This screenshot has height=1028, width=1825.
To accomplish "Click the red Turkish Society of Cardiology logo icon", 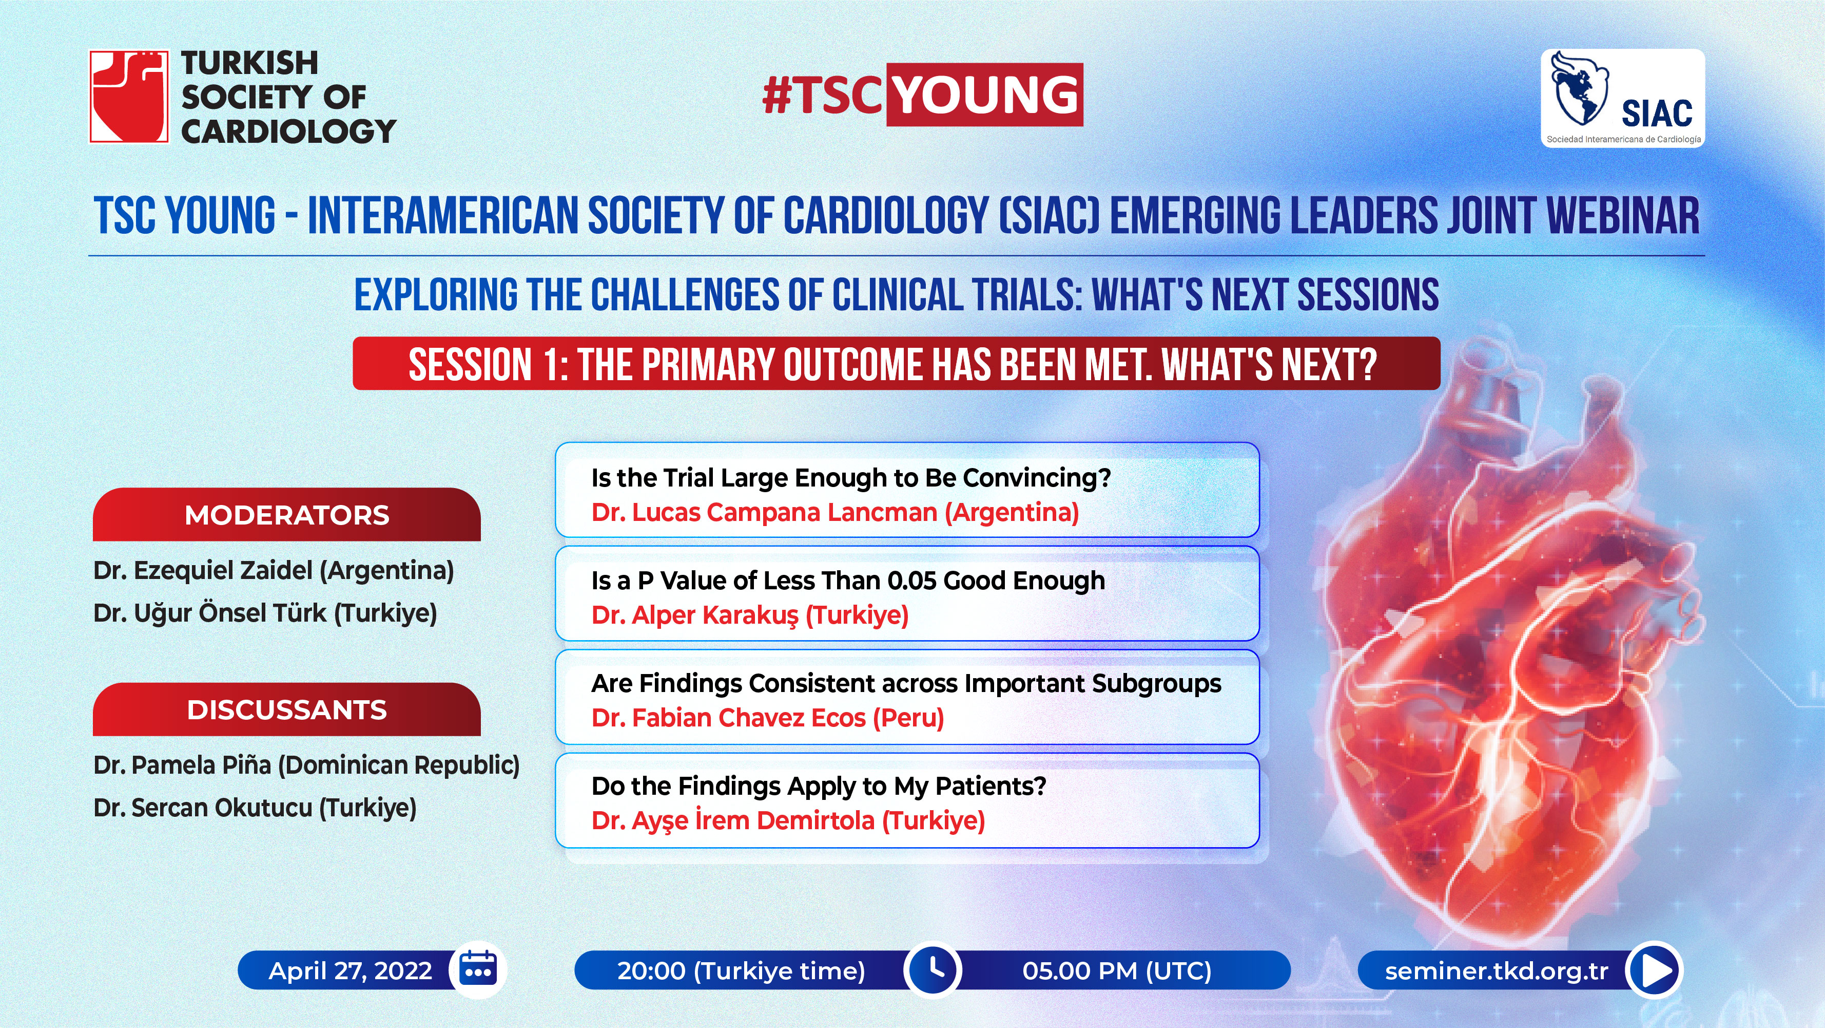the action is click(129, 97).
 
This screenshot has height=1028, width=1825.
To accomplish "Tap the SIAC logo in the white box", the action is click(1622, 98).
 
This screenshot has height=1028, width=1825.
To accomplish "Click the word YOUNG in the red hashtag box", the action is click(985, 95).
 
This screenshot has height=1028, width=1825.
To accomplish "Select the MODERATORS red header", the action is click(287, 515).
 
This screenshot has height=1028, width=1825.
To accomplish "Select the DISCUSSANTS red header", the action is click(287, 709).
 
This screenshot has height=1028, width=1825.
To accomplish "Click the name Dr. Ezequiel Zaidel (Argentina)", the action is click(274, 571).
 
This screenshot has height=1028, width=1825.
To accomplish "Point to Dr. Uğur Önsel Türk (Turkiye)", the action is click(265, 612).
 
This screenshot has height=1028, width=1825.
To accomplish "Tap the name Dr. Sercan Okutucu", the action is click(203, 808).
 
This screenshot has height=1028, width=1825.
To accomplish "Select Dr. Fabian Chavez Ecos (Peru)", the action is click(768, 718).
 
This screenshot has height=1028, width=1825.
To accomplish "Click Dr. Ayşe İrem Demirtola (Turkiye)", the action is click(788, 821).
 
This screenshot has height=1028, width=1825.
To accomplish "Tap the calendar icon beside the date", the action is click(478, 969).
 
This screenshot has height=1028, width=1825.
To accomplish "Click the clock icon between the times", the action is click(934, 969).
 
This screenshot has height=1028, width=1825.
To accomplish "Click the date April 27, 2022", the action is click(350, 970).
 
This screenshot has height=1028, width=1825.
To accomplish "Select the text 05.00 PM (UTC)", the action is click(1117, 970).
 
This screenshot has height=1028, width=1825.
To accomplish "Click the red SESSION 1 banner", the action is click(896, 364).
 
